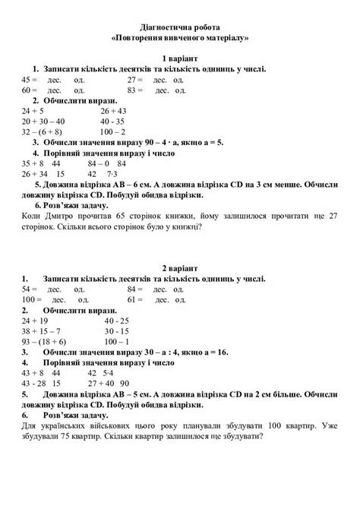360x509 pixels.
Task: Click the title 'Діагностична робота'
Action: point(180,24)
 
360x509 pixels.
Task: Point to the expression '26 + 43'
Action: point(114,110)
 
